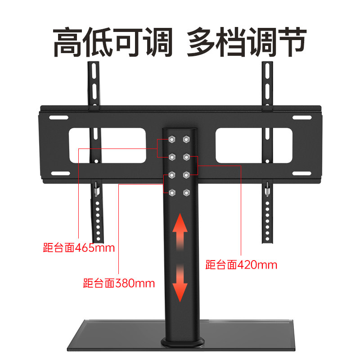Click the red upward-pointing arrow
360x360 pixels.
(x=180, y=229)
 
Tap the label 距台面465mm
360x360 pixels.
(x=79, y=247)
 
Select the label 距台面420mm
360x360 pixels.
(x=241, y=264)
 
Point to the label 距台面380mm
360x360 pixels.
(x=119, y=283)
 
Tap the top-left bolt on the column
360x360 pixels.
(x=172, y=139)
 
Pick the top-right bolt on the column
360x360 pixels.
(x=185, y=139)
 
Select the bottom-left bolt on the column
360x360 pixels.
(x=172, y=193)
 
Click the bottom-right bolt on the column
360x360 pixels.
(x=185, y=193)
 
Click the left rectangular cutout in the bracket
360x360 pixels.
(x=107, y=145)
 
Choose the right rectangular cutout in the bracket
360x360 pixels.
(x=254, y=145)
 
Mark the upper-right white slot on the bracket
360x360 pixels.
(x=301, y=117)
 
